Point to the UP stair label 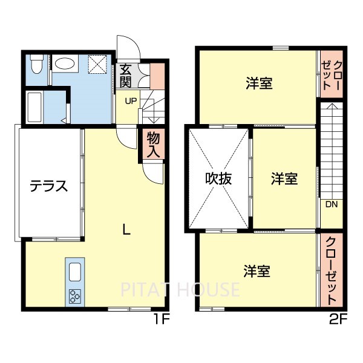coord(131,101)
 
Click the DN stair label coord(332,204)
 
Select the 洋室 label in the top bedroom coord(258,84)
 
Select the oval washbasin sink coord(64,63)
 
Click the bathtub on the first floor coord(34,106)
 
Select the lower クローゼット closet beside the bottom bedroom coord(332,270)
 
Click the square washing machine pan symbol coord(97,63)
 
